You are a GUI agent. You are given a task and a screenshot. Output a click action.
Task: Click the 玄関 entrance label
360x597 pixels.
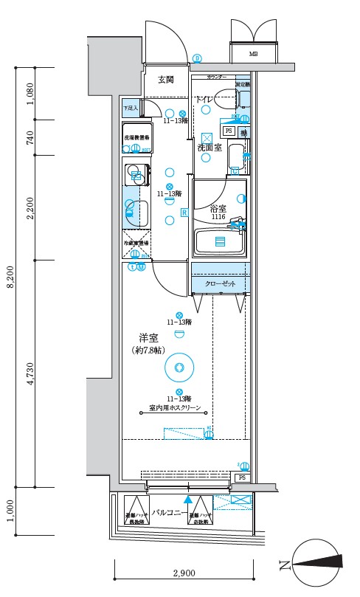click(165, 80)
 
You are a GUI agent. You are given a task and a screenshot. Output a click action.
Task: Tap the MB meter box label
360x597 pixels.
click(253, 55)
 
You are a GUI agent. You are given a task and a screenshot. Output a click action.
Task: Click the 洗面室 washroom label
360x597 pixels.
click(210, 148)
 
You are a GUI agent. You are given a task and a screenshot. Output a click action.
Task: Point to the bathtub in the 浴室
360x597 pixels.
click(219, 241)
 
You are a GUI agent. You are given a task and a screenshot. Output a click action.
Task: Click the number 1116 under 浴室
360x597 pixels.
click(218, 217)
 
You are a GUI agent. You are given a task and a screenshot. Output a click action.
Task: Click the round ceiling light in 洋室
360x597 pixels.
click(179, 366)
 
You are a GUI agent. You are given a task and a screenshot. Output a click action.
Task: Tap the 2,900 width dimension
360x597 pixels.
click(184, 573)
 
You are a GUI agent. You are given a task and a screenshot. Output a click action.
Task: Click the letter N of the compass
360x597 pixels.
click(283, 566)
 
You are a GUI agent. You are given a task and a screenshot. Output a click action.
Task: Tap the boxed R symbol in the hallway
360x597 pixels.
click(184, 213)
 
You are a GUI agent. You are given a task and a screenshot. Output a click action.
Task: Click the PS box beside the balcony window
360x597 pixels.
click(241, 478)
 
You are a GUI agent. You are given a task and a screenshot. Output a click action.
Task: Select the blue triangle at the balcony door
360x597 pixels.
click(187, 500)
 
